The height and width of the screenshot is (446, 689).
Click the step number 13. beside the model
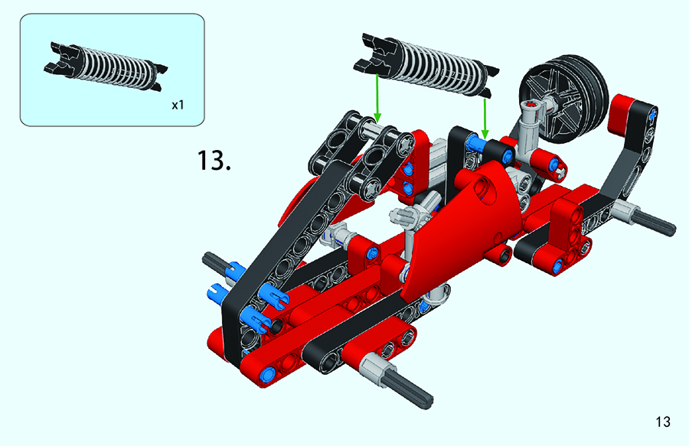(214, 160)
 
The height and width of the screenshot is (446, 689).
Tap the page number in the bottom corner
(663, 422)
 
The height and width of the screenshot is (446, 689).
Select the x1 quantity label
(178, 105)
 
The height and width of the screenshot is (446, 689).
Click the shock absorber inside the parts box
(106, 67)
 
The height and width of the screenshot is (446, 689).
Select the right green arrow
(485, 118)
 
